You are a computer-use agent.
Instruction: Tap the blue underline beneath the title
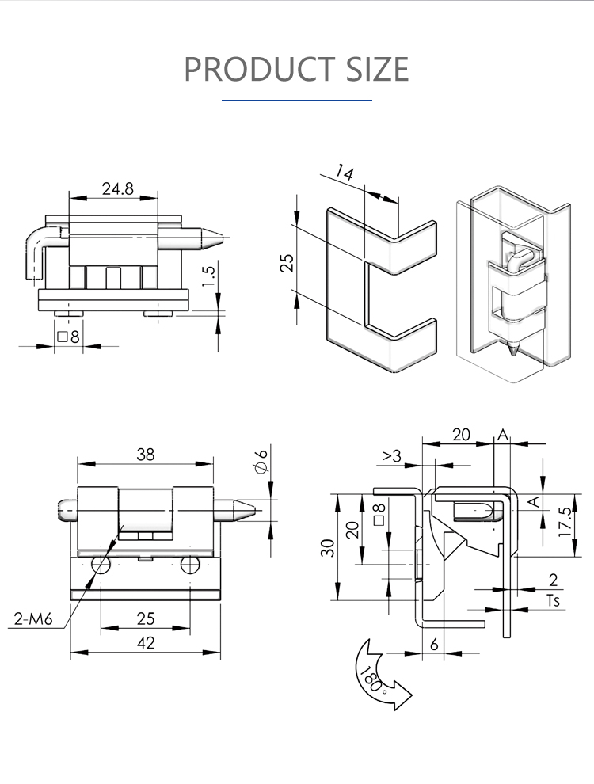(x=297, y=101)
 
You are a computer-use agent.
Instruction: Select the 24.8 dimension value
(x=117, y=188)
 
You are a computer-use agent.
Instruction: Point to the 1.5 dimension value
(x=209, y=276)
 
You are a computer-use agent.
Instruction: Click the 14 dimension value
(x=344, y=173)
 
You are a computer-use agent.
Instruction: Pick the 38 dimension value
(x=145, y=455)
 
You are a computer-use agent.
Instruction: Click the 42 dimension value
(x=145, y=643)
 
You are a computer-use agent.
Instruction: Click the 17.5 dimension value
(x=564, y=523)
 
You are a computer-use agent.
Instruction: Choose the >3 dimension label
(x=392, y=455)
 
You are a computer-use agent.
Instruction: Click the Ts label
(x=553, y=600)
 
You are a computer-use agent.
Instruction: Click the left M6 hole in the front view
(x=101, y=565)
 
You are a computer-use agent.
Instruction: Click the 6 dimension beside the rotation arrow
(x=434, y=645)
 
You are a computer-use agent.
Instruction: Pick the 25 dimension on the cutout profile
(x=287, y=262)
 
